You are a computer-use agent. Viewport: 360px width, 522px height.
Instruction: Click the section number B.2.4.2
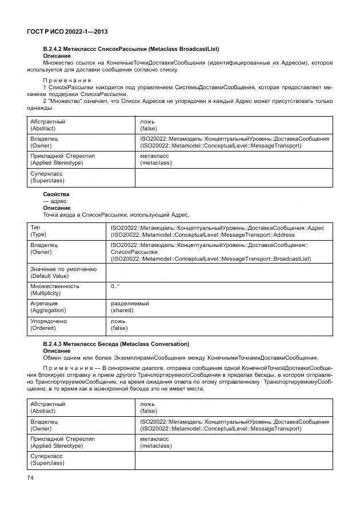[x=55, y=49]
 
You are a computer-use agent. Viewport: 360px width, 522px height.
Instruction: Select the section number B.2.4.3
[x=55, y=344]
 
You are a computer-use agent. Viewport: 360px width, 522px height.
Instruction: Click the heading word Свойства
[x=55, y=194]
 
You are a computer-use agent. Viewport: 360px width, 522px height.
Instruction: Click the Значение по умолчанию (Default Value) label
[x=63, y=272]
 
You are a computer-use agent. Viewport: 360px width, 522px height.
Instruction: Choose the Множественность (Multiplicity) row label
[x=54, y=289]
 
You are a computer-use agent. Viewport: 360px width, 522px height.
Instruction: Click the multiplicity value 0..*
[x=115, y=286]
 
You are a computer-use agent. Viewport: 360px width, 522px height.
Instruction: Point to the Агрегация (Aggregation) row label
[x=48, y=306]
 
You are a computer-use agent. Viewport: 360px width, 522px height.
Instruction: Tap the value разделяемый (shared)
[x=130, y=306]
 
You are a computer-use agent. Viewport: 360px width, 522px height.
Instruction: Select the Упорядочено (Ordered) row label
[x=48, y=324]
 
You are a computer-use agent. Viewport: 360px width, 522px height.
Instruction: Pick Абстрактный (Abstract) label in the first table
[x=48, y=125]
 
